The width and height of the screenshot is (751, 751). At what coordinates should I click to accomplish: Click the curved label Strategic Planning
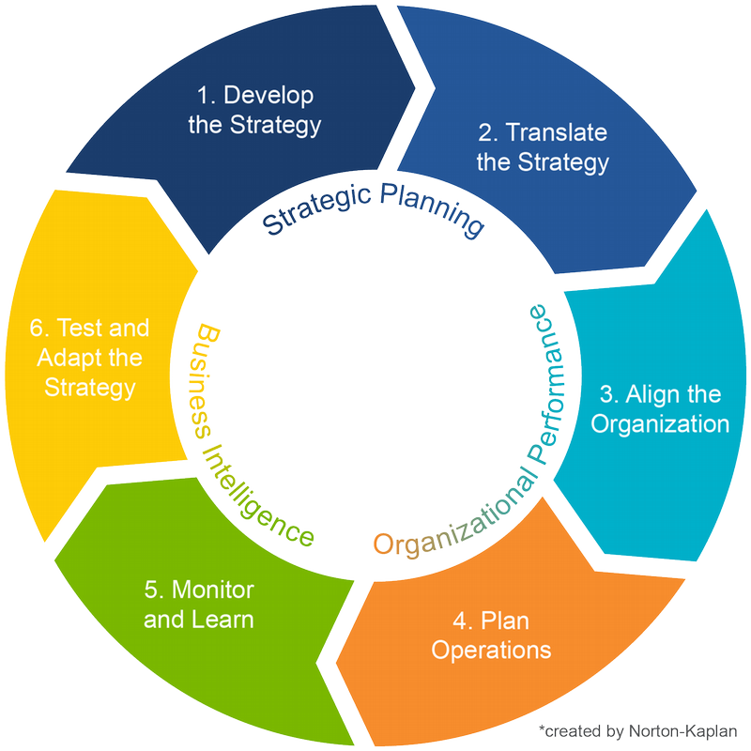pos(372,208)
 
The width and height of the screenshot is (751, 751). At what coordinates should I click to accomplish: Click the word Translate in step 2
pos(559,133)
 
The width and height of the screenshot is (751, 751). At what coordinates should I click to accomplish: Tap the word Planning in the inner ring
pos(437,213)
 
